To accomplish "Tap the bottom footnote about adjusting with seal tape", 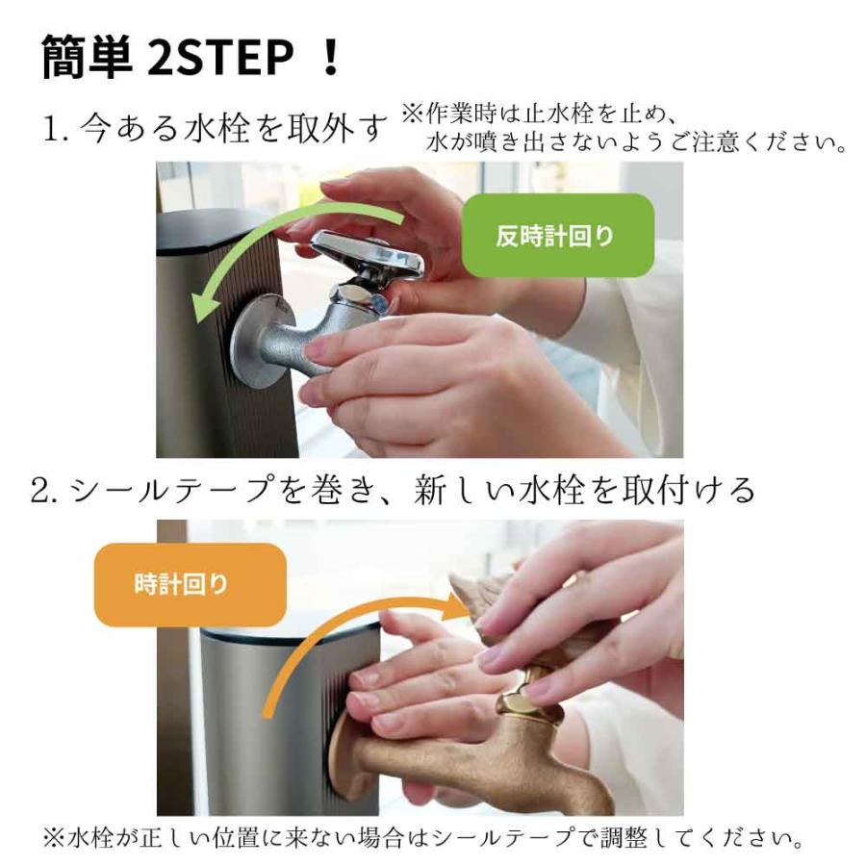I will tap(423, 838).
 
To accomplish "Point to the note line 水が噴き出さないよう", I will tap(635, 144).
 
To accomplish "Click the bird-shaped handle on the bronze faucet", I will tap(481, 597).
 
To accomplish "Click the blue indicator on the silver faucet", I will tap(380, 302).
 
